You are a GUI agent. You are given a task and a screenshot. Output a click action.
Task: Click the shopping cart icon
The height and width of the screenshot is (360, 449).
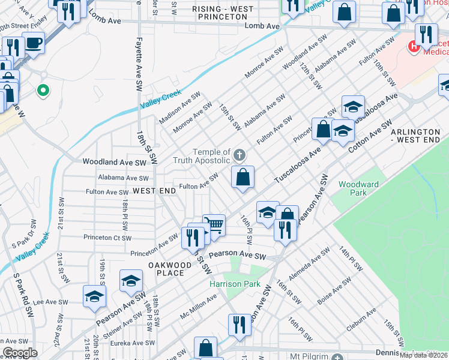pyautogui.click(x=214, y=226)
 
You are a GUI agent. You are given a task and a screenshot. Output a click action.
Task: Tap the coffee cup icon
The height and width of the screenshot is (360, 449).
pyautogui.click(x=34, y=43)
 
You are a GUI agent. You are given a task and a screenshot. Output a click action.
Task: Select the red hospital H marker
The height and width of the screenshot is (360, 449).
pyautogui.click(x=413, y=46)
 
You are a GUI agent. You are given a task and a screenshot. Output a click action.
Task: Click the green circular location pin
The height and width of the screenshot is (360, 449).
pyautogui.click(x=43, y=91)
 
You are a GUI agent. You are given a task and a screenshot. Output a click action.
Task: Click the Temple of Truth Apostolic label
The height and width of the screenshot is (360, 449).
pyautogui.click(x=202, y=157)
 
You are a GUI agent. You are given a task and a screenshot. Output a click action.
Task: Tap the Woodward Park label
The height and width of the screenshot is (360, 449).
pyautogui.click(x=352, y=188)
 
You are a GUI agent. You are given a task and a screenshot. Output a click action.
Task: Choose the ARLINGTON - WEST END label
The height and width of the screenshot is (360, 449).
pyautogui.click(x=419, y=136)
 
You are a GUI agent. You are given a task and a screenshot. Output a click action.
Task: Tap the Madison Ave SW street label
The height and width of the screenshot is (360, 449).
pyautogui.click(x=179, y=108)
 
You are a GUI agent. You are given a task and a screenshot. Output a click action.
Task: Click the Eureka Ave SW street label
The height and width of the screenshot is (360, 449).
pyautogui.click(x=130, y=343)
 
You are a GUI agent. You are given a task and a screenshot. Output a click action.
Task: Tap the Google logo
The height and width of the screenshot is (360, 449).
pyautogui.click(x=20, y=353)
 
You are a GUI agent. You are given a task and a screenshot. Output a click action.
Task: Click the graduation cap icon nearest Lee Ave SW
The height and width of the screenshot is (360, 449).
pyautogui.click(x=94, y=296)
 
